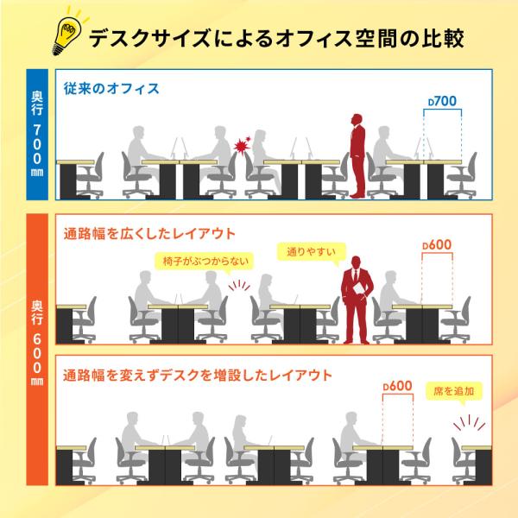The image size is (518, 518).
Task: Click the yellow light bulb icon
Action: (x=67, y=33)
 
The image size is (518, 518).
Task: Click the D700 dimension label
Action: (x=442, y=101)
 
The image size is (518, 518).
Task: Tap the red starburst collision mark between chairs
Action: (x=242, y=146)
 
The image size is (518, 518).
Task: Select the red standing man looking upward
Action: (x=357, y=156)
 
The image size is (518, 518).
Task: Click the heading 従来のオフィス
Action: (x=111, y=89)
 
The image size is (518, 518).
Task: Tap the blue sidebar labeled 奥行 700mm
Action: (x=37, y=135)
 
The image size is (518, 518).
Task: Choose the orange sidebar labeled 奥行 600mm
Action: (x=37, y=350)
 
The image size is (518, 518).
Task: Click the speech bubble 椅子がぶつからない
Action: (x=205, y=262)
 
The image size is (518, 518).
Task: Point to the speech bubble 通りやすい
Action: (x=311, y=253)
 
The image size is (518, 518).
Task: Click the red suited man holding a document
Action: (x=357, y=300)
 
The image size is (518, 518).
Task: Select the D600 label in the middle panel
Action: (x=437, y=245)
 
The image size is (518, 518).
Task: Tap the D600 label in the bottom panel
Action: (x=397, y=386)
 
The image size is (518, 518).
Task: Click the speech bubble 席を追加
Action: (x=454, y=392)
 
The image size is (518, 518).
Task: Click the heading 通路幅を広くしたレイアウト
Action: (x=149, y=234)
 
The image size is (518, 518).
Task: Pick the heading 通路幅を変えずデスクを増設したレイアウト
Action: (x=198, y=376)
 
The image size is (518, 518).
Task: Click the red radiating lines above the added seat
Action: (x=469, y=423)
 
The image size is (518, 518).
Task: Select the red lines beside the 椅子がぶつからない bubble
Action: (x=239, y=286)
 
